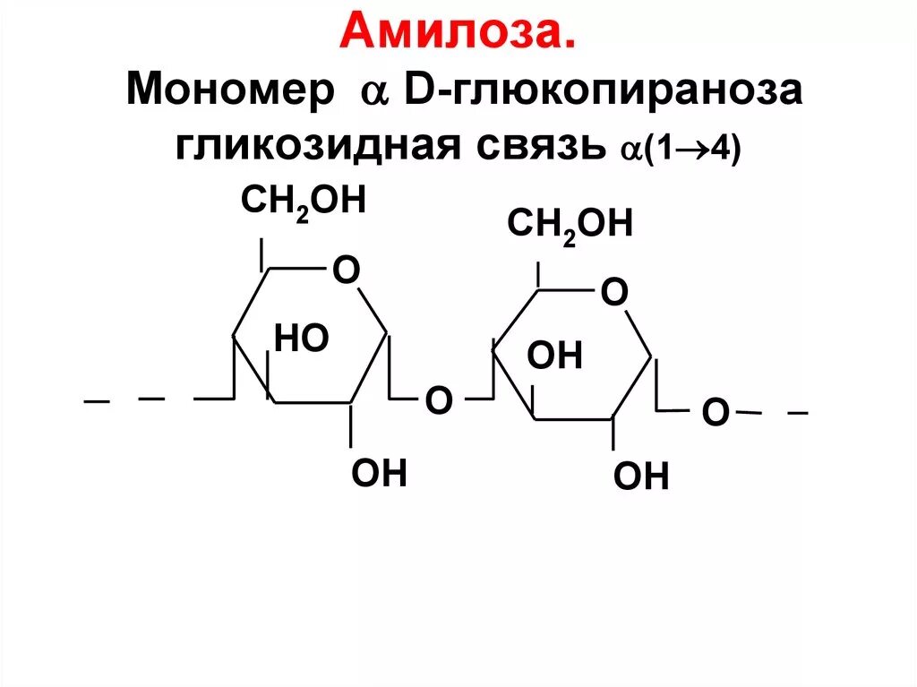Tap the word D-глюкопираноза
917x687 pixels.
(601, 92)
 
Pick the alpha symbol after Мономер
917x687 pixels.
(371, 93)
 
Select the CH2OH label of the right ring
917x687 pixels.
(570, 223)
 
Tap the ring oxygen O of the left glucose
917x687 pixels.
(346, 269)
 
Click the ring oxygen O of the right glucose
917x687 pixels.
(614, 291)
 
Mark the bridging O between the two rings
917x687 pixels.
(438, 400)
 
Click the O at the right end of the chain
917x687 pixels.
(715, 413)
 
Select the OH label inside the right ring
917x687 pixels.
(555, 356)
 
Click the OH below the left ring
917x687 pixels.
(380, 472)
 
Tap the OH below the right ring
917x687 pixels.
(641, 477)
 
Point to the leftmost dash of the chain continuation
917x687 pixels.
(96, 402)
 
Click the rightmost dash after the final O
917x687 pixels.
(797, 414)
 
